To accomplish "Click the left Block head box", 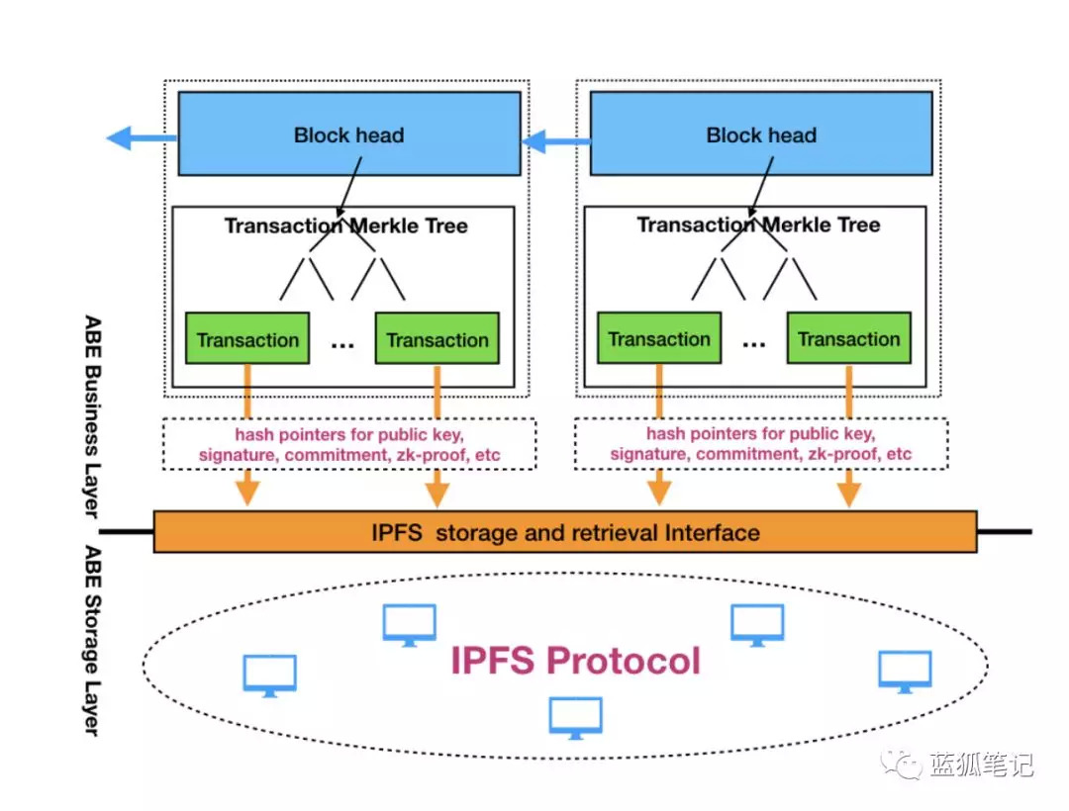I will [x=348, y=134].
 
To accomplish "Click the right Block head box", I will [x=760, y=134].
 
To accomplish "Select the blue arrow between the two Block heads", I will [x=555, y=142].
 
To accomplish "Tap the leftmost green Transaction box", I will [x=247, y=339].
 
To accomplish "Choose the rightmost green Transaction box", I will [x=848, y=339].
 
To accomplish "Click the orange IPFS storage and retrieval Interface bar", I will [x=565, y=532].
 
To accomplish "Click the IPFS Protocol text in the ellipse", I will [x=575, y=660].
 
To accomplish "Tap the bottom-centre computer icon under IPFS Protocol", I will [x=575, y=717].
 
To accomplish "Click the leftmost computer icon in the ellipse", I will [x=269, y=676].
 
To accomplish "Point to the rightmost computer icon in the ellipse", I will [x=905, y=671].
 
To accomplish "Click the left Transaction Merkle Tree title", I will [x=345, y=225].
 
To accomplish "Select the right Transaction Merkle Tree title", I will [x=758, y=225].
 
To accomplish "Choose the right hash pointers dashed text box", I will [x=760, y=444].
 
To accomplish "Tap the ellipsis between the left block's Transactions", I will [x=342, y=343].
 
